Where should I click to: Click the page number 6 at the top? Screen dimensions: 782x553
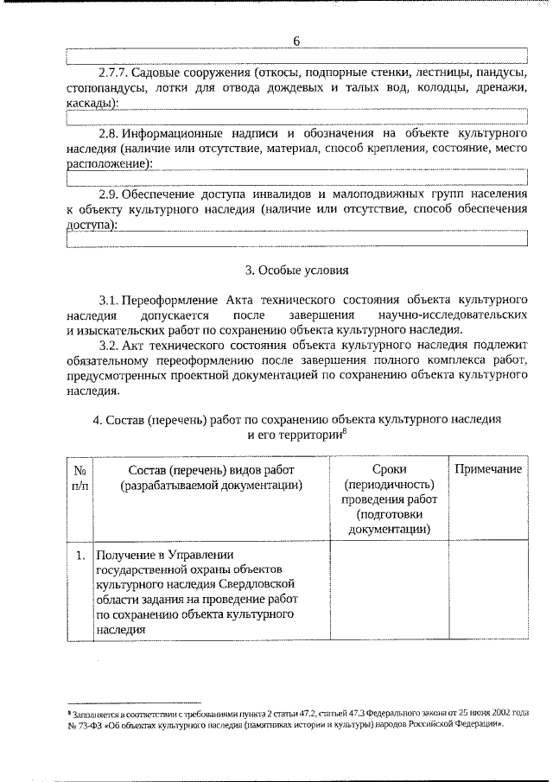pyautogui.click(x=296, y=41)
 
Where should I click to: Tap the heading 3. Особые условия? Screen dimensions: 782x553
pyautogui.click(x=296, y=270)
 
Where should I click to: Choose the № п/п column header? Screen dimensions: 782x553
pyautogui.click(x=79, y=476)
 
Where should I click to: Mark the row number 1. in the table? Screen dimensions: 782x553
pyautogui.click(x=79, y=553)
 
